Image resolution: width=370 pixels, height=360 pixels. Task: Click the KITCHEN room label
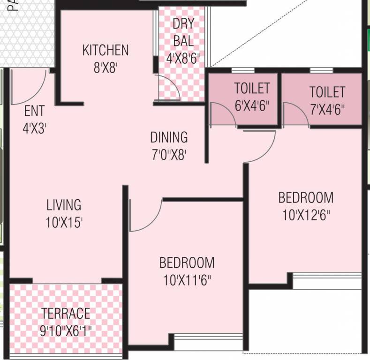pos(105,50)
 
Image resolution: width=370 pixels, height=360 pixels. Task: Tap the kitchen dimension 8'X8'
pos(105,67)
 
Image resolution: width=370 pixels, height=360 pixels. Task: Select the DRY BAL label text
pos(183,32)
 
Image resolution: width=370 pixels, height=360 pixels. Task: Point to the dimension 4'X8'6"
pos(183,58)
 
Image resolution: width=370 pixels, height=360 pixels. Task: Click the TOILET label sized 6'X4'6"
pos(252,88)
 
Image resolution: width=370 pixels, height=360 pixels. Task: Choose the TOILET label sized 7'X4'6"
pos(327,91)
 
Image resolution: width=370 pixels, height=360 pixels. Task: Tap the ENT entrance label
pos(34,111)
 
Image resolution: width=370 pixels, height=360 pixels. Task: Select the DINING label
pos(169,137)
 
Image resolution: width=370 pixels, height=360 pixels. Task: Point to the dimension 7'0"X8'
pos(169,155)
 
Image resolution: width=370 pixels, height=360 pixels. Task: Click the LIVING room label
pos(64,205)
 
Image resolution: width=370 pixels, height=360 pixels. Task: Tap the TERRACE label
pos(66,313)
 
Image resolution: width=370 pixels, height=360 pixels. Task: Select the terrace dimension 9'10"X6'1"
pos(66,331)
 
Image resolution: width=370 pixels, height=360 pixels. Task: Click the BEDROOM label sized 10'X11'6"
pos(187,262)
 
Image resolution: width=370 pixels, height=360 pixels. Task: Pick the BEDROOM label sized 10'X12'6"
pos(306,197)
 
